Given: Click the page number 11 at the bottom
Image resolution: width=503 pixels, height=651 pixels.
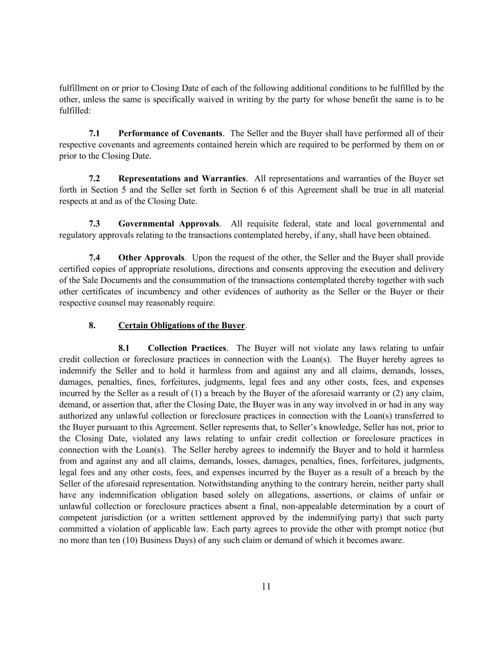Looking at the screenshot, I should [266, 587].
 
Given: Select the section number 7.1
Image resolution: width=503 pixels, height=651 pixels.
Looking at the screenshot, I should [94, 134].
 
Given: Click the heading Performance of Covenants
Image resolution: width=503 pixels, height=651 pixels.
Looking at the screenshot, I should [170, 134].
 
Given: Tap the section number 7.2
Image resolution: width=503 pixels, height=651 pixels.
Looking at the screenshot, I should [94, 179].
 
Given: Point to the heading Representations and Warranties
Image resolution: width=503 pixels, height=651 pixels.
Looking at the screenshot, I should [182, 179].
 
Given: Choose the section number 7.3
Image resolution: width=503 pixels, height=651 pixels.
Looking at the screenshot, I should [94, 224].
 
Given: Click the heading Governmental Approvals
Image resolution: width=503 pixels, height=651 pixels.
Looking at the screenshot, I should [169, 224].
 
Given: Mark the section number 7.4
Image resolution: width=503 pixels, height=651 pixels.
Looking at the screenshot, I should [94, 258].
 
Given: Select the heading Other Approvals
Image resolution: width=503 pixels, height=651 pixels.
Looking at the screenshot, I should [151, 258].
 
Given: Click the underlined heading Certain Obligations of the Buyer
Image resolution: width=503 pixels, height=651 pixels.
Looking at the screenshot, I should [181, 326].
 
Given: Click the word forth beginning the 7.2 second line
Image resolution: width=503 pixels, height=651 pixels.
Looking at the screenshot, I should [68, 190].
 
